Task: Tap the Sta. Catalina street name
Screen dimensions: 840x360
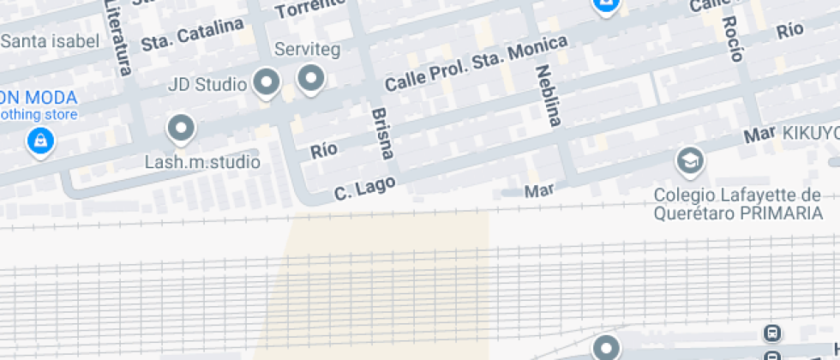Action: [x=193, y=35]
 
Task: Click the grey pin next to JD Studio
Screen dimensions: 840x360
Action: [x=269, y=82]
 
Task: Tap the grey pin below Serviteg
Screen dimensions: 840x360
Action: [x=310, y=79]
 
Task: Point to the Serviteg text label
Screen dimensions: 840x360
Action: [x=307, y=50]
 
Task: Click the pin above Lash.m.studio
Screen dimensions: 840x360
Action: [x=181, y=129]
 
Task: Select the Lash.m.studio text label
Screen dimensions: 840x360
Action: [x=201, y=161]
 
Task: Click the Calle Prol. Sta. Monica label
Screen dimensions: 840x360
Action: [x=476, y=64]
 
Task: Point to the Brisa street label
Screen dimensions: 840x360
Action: [x=382, y=133]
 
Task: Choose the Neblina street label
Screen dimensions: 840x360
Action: [x=548, y=95]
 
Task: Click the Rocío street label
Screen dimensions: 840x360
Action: [x=731, y=39]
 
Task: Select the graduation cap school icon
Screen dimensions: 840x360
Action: [x=688, y=159]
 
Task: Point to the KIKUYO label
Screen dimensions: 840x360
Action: [x=809, y=134]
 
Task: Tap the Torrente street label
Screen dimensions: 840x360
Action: [x=310, y=9]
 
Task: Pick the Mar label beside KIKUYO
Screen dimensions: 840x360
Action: [x=759, y=135]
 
